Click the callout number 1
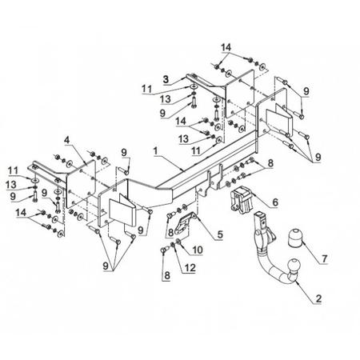click(155, 151)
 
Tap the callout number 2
click(318, 298)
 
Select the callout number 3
click(166, 79)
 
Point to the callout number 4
click(67, 140)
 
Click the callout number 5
click(220, 234)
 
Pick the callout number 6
click(275, 202)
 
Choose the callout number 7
click(324, 258)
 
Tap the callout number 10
click(198, 250)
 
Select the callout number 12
click(190, 268)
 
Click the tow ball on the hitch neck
click(294, 266)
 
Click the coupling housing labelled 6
click(241, 200)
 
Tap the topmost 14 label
click(226, 47)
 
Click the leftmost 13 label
click(11, 184)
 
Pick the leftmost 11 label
click(13, 170)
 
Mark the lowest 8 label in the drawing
click(167, 275)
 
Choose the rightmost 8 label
click(270, 163)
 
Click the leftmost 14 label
click(21, 213)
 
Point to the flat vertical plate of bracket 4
click(81, 184)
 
